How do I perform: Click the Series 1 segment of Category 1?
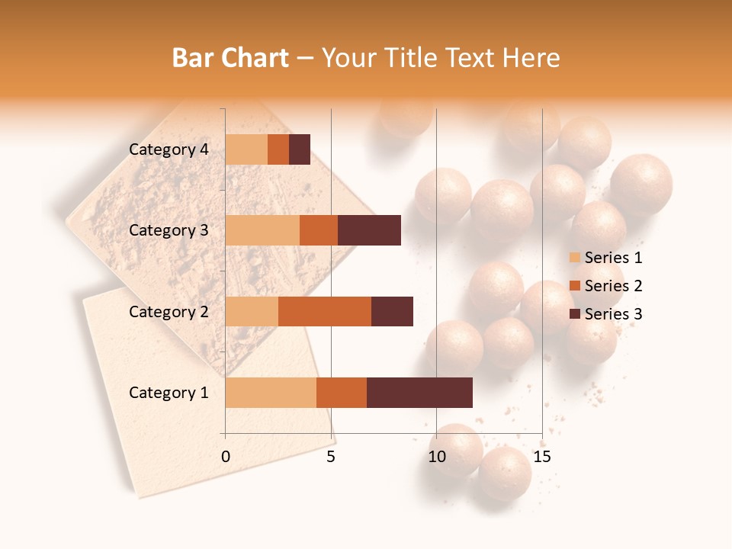pos(271,393)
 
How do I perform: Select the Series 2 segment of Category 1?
pos(342,393)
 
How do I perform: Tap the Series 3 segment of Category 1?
pos(419,393)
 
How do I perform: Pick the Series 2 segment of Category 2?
pos(325,311)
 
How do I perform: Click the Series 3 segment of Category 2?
pos(392,311)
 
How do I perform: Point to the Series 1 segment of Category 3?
pos(262,230)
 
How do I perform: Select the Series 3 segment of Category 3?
pos(369,230)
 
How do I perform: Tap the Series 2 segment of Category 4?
pos(278,149)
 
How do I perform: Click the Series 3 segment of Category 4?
pos(300,149)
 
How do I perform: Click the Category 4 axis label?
pos(169,149)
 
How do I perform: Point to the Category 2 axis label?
pos(169,311)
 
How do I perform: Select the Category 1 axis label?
pos(169,393)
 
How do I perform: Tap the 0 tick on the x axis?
pos(226,457)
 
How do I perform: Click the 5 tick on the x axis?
pos(331,457)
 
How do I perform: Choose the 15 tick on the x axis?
pos(542,457)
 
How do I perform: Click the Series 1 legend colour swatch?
pos(574,258)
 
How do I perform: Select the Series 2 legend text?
pos(613,286)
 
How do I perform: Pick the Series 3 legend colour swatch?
pos(574,314)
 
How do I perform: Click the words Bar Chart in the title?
pos(230,58)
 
